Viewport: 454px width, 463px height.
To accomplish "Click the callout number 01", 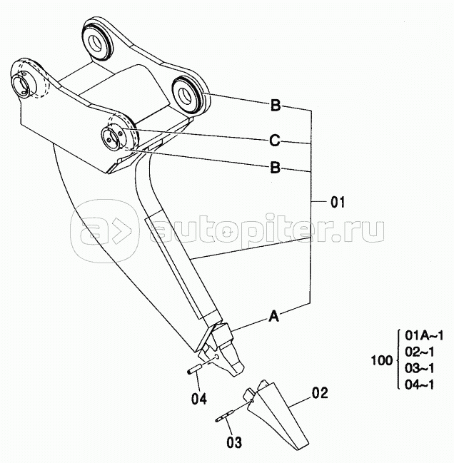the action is [x=338, y=203].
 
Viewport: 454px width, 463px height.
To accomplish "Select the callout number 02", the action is [x=320, y=393].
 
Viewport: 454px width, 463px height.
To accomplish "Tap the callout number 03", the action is [x=234, y=442].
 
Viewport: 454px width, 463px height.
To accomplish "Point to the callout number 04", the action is [x=199, y=399].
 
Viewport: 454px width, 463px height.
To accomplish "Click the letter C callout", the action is [x=275, y=141].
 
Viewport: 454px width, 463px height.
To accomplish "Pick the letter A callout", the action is [x=274, y=316].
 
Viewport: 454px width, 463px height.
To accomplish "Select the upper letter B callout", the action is [x=276, y=105].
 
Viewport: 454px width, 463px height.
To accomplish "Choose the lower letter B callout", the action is [x=275, y=168].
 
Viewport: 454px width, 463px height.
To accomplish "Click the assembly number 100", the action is [x=382, y=360].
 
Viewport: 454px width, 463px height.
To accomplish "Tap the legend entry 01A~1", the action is [x=424, y=335].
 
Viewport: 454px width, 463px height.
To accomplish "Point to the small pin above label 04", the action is [x=195, y=370].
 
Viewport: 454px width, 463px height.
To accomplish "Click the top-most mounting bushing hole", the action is [x=97, y=43].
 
